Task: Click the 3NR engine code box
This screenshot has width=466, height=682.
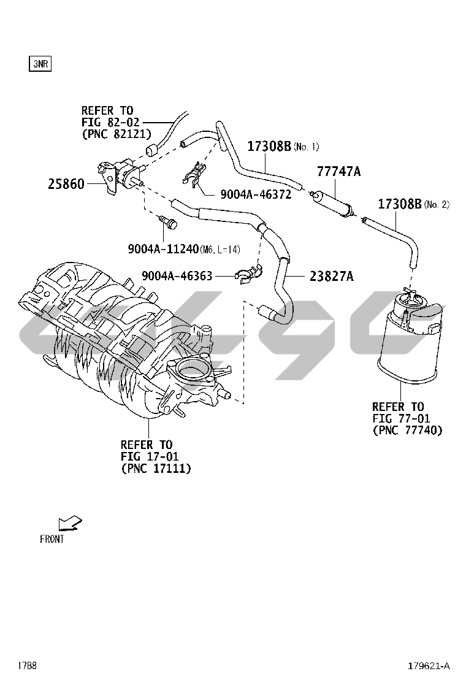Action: [x=40, y=64]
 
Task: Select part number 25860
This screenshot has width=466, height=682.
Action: [x=66, y=184]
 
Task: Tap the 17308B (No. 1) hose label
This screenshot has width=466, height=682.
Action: [x=283, y=146]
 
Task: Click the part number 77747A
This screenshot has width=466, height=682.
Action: [x=338, y=171]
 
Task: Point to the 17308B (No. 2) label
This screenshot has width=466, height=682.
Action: [x=413, y=204]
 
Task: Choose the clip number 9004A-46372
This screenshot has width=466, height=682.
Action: [x=256, y=194]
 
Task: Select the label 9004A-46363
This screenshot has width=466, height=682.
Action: [x=177, y=276]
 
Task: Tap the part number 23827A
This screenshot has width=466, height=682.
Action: [x=332, y=276]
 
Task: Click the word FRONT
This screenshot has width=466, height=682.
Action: [x=52, y=539]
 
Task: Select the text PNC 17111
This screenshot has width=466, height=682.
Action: [x=156, y=469]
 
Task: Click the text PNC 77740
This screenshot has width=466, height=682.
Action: [x=407, y=430]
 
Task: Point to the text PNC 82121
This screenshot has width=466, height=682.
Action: [x=116, y=134]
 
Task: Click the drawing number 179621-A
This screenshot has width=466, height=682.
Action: [x=429, y=665]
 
